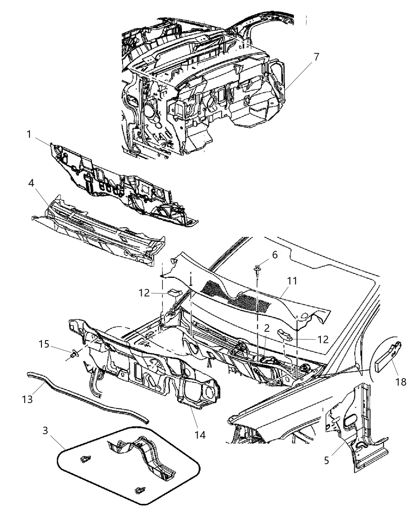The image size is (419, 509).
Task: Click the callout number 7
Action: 316,57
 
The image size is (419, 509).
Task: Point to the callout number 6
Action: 275,255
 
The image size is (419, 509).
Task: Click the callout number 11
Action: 292,281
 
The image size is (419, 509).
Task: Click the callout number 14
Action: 200,434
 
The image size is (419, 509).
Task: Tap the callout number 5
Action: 326,460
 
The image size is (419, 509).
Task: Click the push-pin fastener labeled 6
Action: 257,269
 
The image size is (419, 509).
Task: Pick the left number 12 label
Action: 144,293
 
